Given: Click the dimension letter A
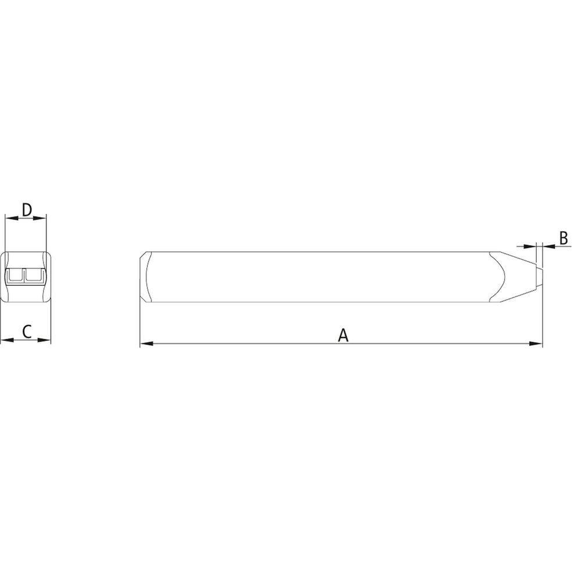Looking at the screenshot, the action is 343,335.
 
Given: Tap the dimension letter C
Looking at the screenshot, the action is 27,332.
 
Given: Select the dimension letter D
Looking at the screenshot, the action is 27,210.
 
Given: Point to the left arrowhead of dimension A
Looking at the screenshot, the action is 146,343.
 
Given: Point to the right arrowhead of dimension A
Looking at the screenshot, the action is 536,343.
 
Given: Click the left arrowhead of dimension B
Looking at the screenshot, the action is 530,246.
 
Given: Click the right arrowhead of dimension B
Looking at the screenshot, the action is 549,246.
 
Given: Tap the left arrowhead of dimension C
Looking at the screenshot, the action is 7,340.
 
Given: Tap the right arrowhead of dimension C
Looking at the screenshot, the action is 44,340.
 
